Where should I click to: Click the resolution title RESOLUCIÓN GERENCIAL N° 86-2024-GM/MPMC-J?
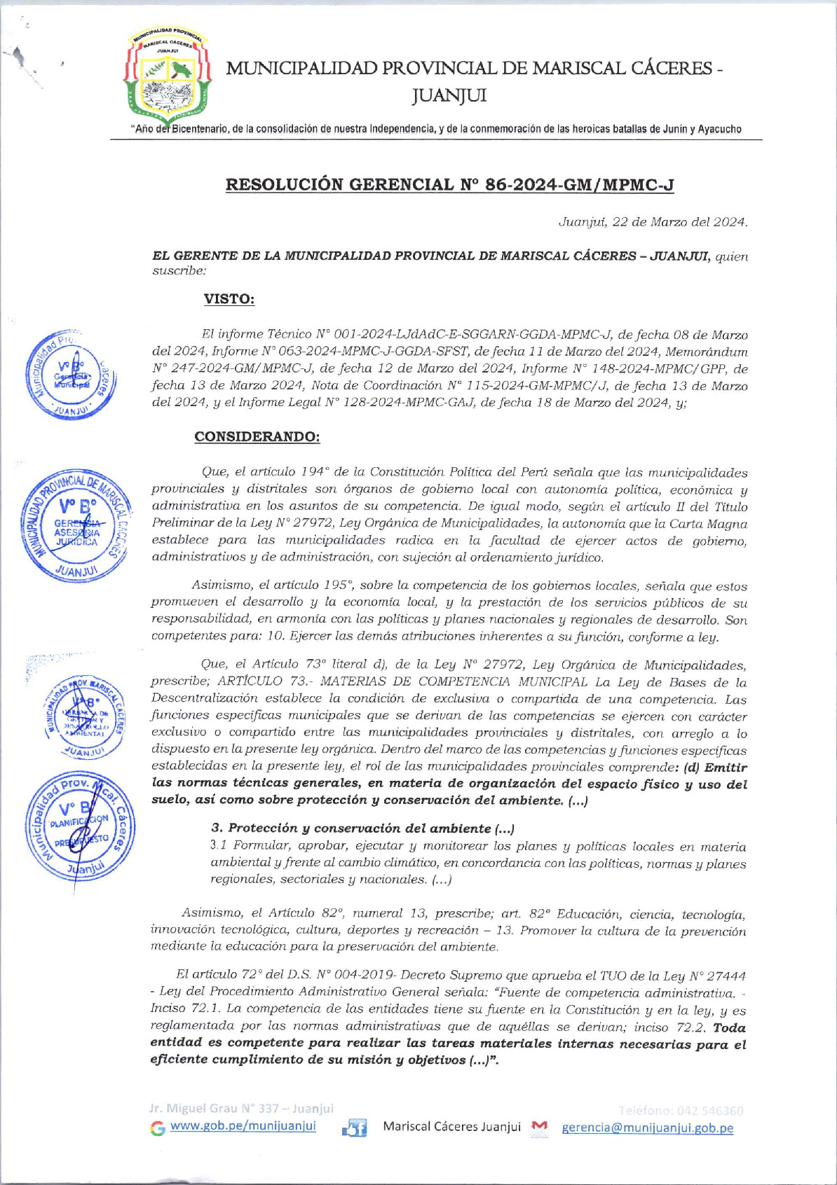click(449, 185)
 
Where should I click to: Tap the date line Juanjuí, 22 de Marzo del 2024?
click(653, 222)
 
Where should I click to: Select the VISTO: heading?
click(229, 299)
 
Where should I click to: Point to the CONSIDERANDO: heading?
click(257, 436)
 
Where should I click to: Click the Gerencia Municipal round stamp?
click(71, 375)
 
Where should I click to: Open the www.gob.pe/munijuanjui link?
click(243, 1125)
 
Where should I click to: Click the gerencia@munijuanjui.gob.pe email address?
click(647, 1128)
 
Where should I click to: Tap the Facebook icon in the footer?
click(355, 1128)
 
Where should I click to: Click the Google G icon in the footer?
click(158, 1128)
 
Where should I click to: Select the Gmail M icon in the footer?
click(539, 1126)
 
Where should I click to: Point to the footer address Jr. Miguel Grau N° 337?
click(240, 1109)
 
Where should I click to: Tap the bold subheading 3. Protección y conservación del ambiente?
click(362, 829)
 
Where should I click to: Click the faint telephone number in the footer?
click(681, 1110)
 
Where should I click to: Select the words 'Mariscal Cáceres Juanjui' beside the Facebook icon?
click(451, 1126)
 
